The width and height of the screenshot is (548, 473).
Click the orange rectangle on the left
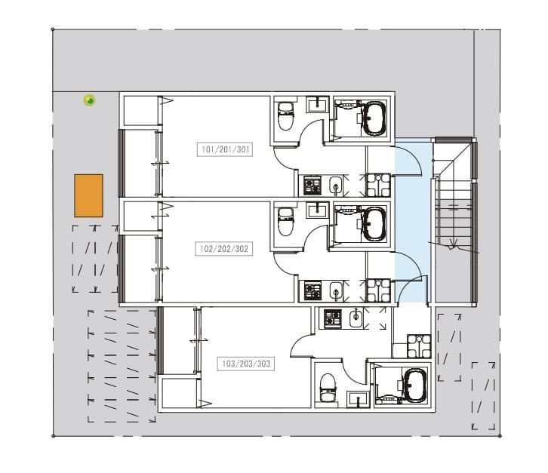[88, 195]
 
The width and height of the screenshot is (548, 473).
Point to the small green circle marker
[89, 100]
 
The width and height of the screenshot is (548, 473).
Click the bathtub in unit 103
[414, 385]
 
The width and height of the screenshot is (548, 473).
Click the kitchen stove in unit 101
[312, 185]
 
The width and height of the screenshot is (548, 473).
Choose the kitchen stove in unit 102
[312, 289]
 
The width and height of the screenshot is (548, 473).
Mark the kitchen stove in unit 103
[332, 319]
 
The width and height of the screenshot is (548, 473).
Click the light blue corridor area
[413, 219]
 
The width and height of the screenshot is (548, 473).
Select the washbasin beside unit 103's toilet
[359, 398]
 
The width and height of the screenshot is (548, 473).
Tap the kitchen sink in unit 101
[335, 185]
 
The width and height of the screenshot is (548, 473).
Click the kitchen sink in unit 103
[356, 319]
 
